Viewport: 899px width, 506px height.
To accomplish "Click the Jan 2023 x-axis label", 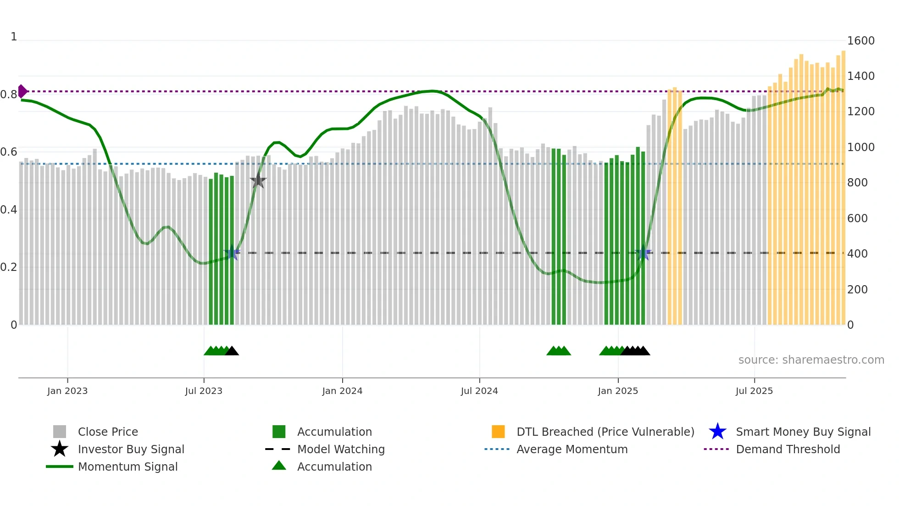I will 67,391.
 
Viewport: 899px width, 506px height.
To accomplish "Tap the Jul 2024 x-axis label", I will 479,391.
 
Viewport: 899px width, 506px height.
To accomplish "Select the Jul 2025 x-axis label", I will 754,391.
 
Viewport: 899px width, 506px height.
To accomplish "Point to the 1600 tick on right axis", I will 860,41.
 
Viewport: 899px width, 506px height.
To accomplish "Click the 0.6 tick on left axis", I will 9,152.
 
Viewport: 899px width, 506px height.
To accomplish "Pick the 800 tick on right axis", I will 857,183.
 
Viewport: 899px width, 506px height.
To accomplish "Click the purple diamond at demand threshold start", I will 22,91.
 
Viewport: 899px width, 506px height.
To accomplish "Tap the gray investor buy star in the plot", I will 258,180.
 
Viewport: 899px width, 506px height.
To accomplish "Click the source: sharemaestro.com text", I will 811,360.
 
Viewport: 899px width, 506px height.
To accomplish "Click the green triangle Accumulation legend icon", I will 279,466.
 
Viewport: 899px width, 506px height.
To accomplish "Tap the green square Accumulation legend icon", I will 279,432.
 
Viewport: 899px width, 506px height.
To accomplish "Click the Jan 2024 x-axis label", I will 342,391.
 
